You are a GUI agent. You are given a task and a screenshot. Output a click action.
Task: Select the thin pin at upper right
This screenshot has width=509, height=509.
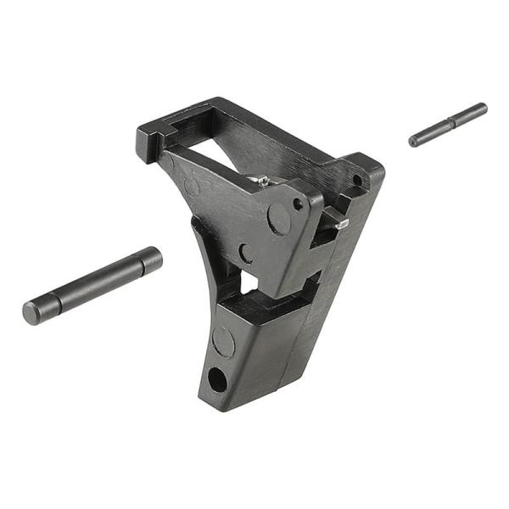point(448,125)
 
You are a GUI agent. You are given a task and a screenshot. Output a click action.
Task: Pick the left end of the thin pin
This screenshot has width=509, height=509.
point(414,141)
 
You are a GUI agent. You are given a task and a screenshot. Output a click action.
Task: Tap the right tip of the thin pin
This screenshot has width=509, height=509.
point(483,108)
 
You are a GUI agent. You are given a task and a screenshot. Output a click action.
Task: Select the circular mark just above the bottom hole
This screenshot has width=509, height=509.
point(223,341)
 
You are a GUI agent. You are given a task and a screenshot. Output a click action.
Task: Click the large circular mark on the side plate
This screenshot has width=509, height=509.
point(278,219)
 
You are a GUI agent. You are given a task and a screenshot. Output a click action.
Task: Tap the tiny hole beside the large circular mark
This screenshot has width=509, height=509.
point(298,204)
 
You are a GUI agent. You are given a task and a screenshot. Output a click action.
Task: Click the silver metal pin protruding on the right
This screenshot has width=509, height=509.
point(338,223)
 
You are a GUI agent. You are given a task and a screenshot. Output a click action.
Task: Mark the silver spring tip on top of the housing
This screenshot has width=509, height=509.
point(263,180)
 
